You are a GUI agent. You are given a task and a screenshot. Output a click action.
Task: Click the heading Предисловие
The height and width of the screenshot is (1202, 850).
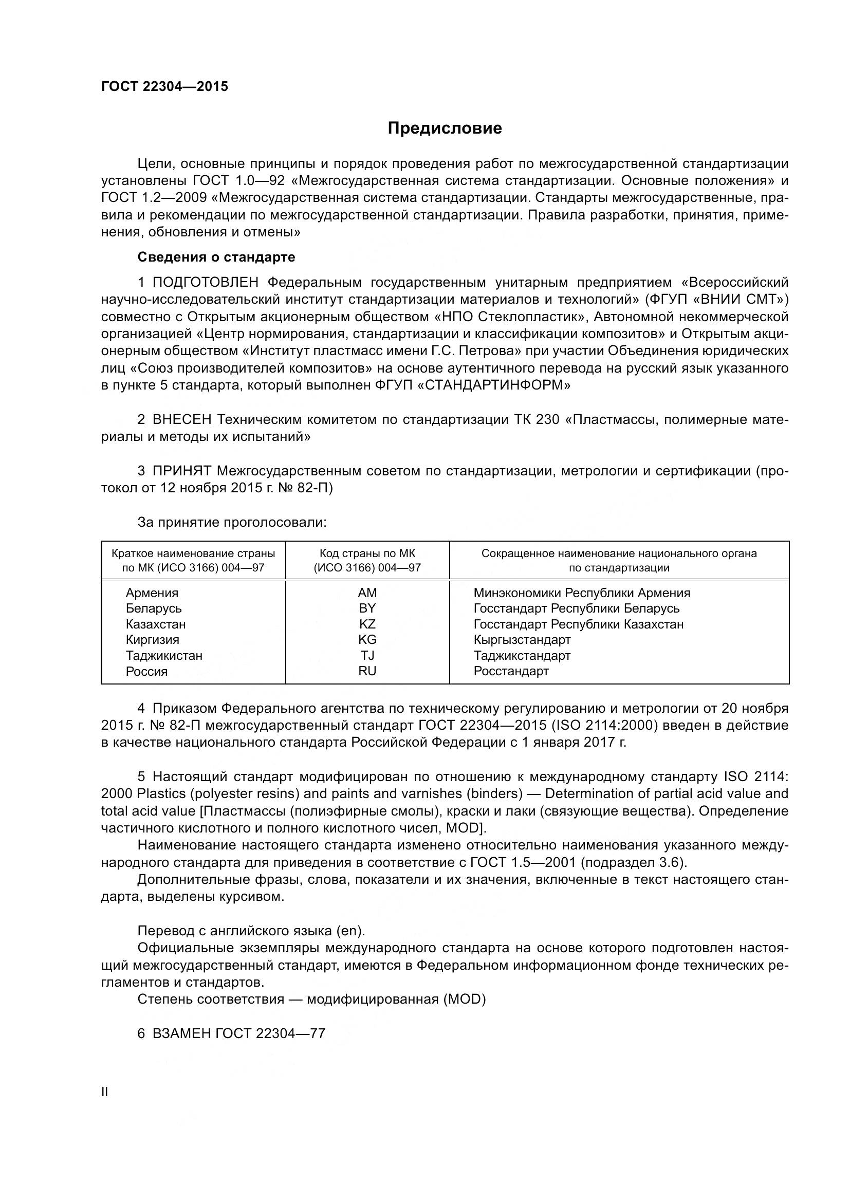445,128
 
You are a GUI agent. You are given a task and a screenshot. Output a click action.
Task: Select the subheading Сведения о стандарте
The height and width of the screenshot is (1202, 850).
216,257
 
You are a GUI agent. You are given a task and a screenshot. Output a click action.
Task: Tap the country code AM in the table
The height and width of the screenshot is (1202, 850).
367,593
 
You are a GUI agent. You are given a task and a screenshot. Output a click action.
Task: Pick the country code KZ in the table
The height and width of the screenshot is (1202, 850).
367,624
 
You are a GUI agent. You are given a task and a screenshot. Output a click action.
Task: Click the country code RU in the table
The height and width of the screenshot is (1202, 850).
367,671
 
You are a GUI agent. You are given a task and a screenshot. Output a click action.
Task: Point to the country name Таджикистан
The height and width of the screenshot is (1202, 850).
164,655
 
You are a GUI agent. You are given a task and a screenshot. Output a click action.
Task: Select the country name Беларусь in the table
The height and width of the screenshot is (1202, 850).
153,608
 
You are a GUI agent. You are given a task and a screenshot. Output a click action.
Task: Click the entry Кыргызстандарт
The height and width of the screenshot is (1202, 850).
522,640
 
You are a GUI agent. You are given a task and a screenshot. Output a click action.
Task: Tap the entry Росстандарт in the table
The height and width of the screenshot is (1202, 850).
511,671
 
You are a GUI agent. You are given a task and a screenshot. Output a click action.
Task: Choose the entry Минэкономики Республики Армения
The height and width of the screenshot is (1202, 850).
582,593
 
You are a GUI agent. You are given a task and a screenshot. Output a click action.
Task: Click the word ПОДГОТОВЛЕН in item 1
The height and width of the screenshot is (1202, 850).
205,283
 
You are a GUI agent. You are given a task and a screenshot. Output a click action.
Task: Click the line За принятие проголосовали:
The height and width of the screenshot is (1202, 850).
232,523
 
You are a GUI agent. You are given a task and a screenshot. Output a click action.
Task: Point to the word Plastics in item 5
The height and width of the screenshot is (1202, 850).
161,793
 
